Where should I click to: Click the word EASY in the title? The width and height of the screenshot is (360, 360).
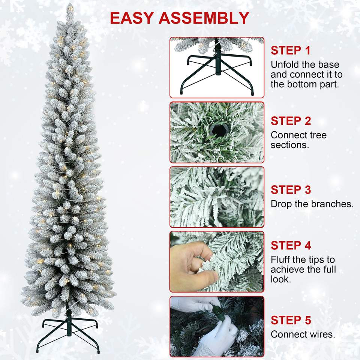pyautogui.click(x=132, y=18)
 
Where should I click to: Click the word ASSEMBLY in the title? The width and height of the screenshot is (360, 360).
pyautogui.click(x=204, y=18)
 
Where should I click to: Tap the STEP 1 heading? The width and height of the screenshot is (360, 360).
pyautogui.click(x=290, y=51)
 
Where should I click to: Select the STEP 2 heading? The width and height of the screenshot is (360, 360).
pyautogui.click(x=291, y=121)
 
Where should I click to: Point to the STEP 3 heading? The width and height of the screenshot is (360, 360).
pyautogui.click(x=291, y=190)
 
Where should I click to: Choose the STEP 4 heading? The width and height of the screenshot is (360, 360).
pyautogui.click(x=291, y=245)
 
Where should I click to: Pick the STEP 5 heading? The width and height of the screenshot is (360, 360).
pyautogui.click(x=291, y=320)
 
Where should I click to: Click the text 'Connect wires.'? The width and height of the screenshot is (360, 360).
pyautogui.click(x=303, y=334)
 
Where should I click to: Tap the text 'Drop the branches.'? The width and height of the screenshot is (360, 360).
pyautogui.click(x=312, y=204)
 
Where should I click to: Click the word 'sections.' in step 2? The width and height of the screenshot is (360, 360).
pyautogui.click(x=290, y=145)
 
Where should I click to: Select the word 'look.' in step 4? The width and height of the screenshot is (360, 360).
pyautogui.click(x=281, y=279)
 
